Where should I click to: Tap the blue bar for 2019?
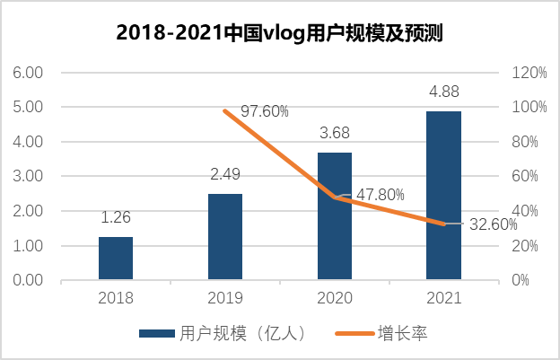pos(225,236)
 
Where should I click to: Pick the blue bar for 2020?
pos(334,215)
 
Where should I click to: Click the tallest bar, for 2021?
pos(443,195)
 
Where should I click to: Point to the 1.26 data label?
pos(116,217)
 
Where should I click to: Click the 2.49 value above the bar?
pos(225,175)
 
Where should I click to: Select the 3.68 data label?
pos(334,134)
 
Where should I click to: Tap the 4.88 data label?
pos(443,92)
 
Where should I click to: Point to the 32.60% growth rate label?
pos(493,224)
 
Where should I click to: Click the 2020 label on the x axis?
pos(334,298)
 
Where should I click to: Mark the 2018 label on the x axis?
pos(116,298)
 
